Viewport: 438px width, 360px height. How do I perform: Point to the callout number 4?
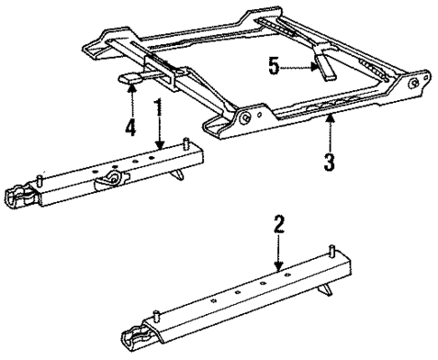[130, 126]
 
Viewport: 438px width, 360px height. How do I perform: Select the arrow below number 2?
[280, 253]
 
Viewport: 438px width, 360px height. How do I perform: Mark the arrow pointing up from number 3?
[331, 132]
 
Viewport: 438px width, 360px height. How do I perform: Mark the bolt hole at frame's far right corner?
[414, 84]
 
